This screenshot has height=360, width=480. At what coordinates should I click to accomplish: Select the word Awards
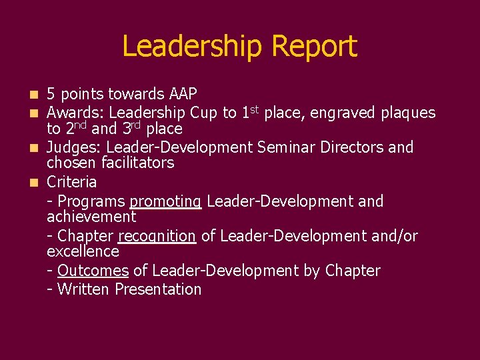click(75, 113)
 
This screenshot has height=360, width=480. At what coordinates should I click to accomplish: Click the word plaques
click(408, 113)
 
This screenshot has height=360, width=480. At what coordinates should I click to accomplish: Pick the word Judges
click(73, 147)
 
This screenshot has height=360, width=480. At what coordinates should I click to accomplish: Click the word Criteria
click(72, 182)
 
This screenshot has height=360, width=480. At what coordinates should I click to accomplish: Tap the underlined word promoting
click(165, 201)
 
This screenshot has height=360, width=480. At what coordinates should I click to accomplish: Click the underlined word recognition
click(157, 236)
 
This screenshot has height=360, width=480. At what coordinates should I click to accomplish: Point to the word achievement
click(91, 217)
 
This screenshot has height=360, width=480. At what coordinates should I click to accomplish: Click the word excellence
click(83, 251)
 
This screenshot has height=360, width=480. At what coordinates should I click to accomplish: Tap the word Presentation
click(158, 289)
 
